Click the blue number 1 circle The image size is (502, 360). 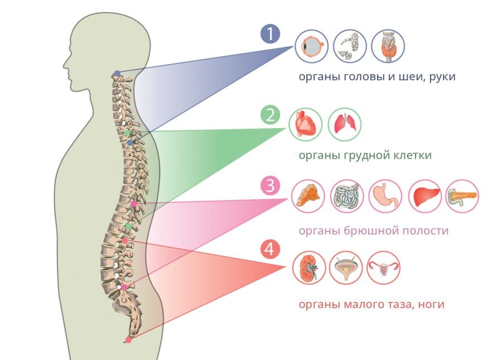271,34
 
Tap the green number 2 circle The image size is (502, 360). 271,115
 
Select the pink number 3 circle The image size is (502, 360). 271,185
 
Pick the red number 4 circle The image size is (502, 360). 270,249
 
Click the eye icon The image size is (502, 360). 311,46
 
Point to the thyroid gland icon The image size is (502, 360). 388,46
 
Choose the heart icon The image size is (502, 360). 306,124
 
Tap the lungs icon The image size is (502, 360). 345,124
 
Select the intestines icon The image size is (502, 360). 347,196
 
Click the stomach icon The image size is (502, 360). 385,196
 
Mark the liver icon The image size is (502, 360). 426,196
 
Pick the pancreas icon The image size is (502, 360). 462,196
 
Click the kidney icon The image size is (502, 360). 309,268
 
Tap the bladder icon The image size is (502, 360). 346,268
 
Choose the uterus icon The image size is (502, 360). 383,268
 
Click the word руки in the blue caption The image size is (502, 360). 442,77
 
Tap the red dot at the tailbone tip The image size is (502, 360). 128,340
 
